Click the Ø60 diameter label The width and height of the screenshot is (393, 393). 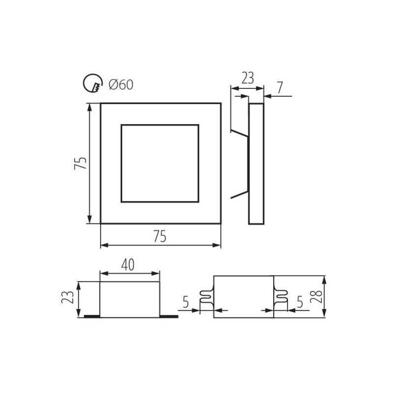point(121,84)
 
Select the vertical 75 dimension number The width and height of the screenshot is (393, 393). point(81,163)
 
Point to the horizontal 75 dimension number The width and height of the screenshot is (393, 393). point(160,236)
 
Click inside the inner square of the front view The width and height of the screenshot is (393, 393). point(160,163)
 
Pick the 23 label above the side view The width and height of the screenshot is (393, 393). point(248,78)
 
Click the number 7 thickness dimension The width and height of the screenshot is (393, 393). point(280,87)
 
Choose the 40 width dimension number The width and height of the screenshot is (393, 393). point(128,265)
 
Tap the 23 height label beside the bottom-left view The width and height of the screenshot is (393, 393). point(68,297)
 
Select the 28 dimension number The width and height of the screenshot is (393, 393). point(316,297)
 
